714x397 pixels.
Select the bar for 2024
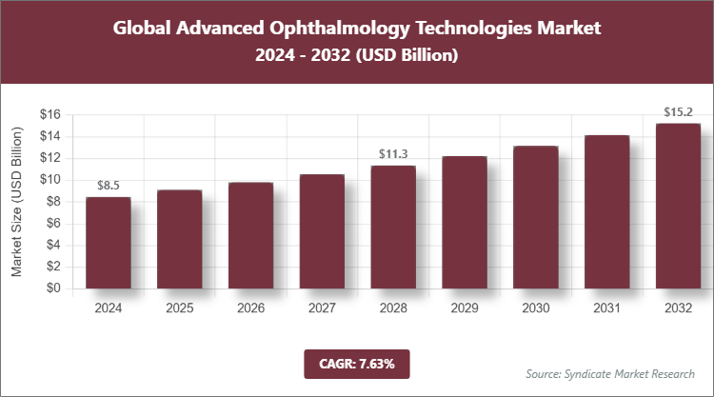pos(108,243)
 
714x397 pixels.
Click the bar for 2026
pos(250,235)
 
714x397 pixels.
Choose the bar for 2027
pos(322,231)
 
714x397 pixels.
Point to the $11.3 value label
pos(393,154)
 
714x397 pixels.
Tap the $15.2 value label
pos(679,112)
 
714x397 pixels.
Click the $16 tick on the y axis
pos(50,115)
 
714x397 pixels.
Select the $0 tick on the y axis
pos(54,288)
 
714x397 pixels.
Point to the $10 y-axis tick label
pos(50,180)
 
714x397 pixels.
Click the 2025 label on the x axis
pos(179,308)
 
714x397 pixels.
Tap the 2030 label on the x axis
pos(536,308)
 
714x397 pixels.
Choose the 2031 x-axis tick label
pos(607,308)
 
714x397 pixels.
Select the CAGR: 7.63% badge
pos(356,363)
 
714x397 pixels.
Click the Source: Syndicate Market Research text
pos(609,373)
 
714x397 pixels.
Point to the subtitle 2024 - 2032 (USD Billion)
pos(357,56)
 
